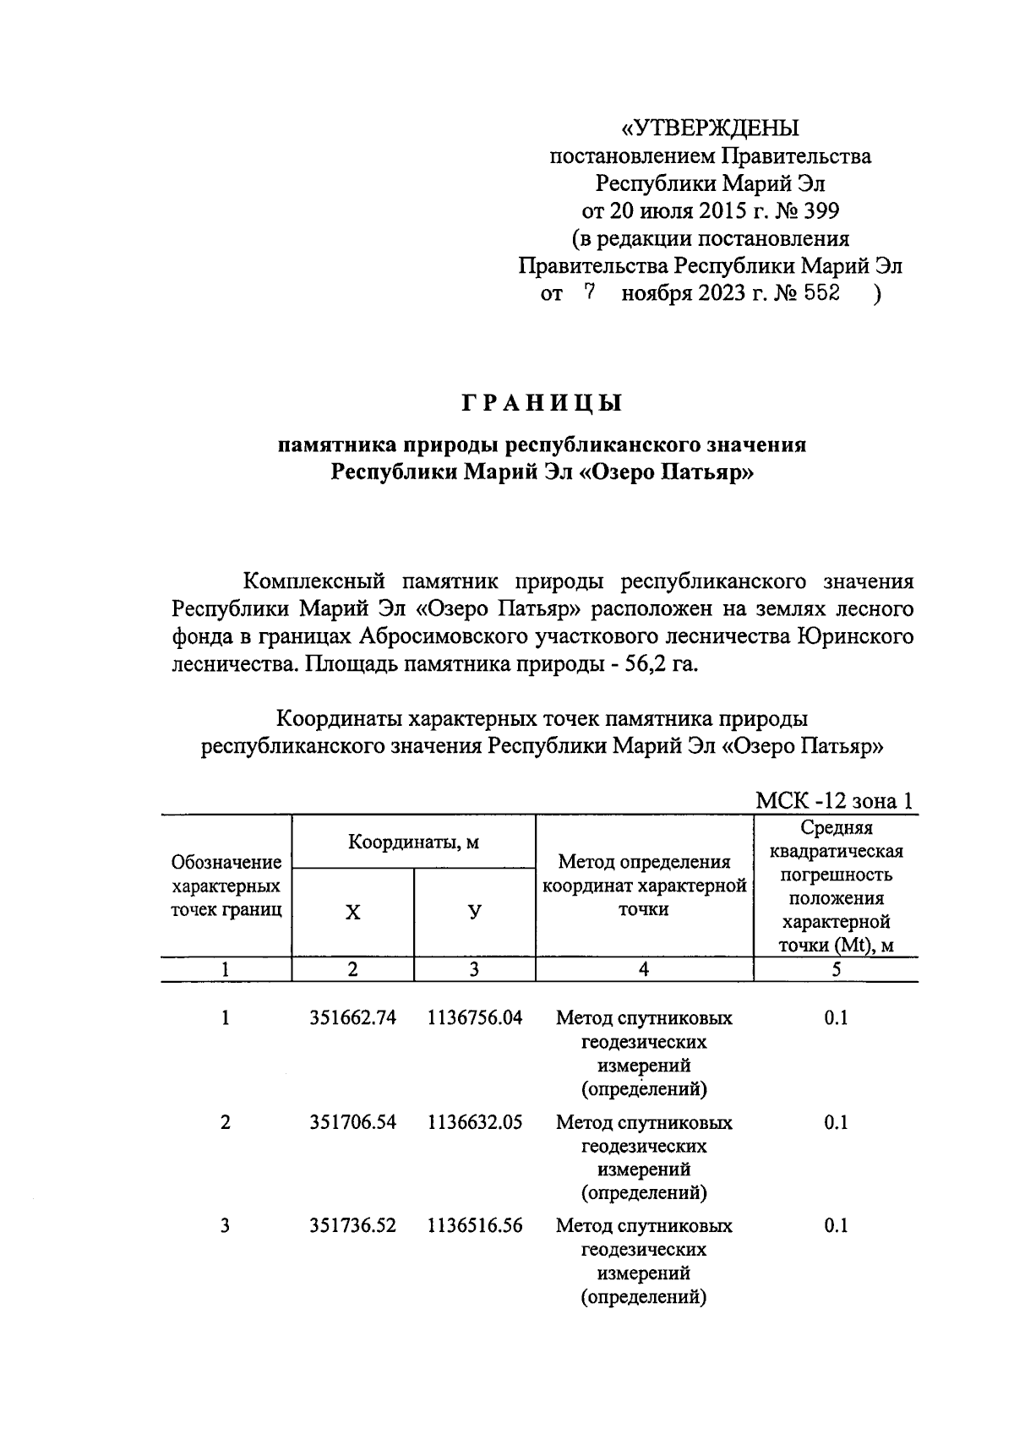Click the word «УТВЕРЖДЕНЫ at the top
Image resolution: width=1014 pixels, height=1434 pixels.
point(710,128)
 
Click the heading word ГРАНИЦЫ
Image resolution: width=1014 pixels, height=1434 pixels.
point(541,404)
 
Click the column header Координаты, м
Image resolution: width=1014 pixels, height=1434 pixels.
point(414,842)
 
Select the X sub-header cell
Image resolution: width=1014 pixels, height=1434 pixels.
point(353,913)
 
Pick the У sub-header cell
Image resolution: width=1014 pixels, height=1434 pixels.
point(475,913)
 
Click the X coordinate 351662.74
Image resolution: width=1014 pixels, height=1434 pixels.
point(353,1018)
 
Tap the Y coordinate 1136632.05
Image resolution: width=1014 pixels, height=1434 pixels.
point(475,1123)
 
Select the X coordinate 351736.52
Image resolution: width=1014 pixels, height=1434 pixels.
point(353,1226)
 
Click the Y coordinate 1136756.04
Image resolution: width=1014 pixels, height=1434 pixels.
point(475,1018)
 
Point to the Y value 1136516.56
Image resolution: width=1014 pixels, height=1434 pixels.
point(475,1226)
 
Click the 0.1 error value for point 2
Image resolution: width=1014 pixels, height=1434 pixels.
point(836,1123)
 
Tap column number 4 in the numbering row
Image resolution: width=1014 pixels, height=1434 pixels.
point(644,970)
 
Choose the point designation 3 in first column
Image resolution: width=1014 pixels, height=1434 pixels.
point(225,1226)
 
